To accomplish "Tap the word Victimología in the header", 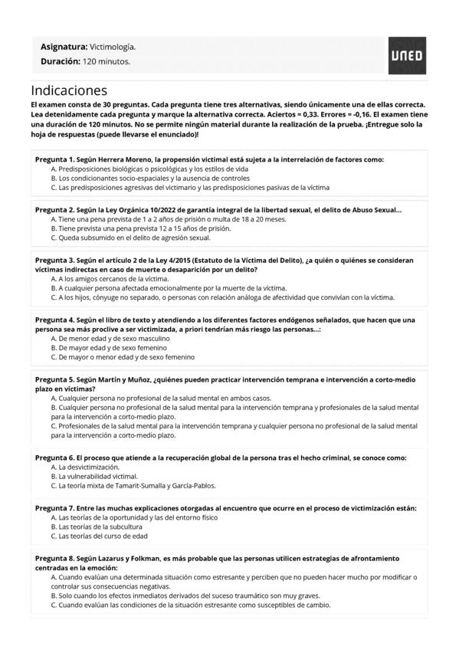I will click(113, 47).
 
